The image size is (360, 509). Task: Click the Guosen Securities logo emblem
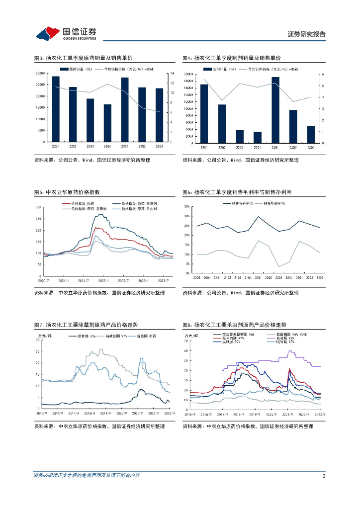[x=47, y=33]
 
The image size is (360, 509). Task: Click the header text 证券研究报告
[x=307, y=34]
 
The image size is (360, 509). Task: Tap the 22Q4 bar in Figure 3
[x=107, y=123]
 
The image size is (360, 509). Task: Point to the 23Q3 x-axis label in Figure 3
[x=159, y=146]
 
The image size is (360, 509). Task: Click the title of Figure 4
[x=231, y=58]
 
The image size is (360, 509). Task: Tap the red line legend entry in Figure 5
[x=78, y=204]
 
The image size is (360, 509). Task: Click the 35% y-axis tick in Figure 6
[x=187, y=206]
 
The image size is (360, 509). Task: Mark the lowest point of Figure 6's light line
[x=279, y=266]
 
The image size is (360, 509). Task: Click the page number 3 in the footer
[x=324, y=476]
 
